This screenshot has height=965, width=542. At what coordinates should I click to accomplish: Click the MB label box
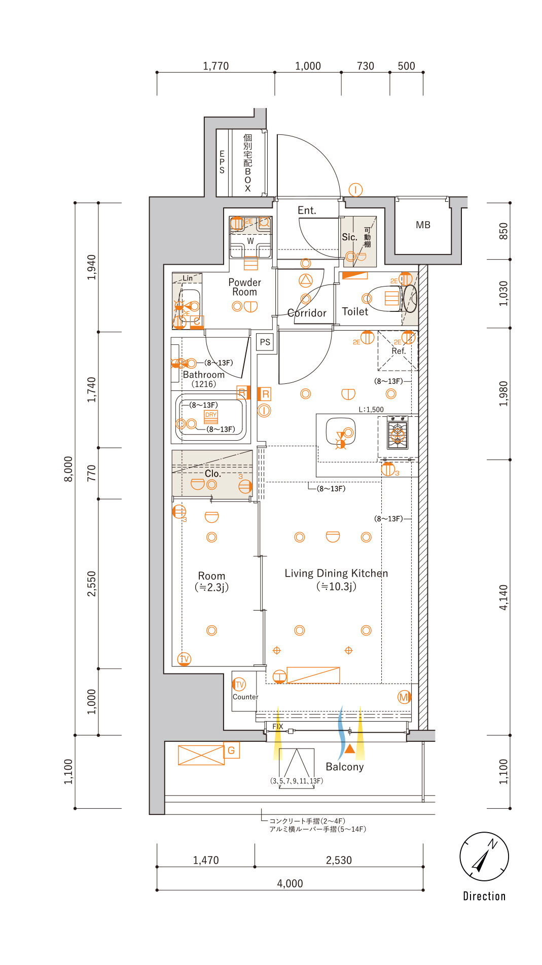point(423,225)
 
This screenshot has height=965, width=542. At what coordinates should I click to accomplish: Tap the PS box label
point(265,342)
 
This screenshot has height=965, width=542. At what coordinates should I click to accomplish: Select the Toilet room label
point(355,311)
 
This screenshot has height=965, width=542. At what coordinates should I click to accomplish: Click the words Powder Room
point(244,287)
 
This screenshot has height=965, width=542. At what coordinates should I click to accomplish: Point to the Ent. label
point(307,210)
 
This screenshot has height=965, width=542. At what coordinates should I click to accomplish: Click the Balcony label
point(345,767)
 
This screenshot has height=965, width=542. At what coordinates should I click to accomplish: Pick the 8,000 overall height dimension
point(68,469)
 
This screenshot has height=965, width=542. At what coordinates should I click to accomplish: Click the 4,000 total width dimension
point(290,883)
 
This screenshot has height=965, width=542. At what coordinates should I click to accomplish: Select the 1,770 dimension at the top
point(216,66)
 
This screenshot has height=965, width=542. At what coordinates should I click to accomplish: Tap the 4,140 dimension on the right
point(503,597)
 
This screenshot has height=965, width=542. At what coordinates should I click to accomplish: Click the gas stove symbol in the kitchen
point(398,433)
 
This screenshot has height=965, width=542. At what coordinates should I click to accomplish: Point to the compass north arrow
point(481,860)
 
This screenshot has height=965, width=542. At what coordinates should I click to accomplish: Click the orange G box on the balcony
point(231,750)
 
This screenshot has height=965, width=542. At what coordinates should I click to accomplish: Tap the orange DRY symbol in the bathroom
point(211,417)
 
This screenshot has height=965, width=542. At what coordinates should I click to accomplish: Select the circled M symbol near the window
point(404,697)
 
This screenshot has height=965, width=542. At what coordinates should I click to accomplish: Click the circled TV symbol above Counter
point(239,684)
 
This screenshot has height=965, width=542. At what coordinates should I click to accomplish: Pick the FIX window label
point(278,727)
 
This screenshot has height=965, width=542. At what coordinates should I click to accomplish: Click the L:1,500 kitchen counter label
point(371,410)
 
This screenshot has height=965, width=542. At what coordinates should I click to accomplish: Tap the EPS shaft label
point(222,162)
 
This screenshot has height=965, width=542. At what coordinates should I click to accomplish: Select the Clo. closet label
point(213,474)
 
